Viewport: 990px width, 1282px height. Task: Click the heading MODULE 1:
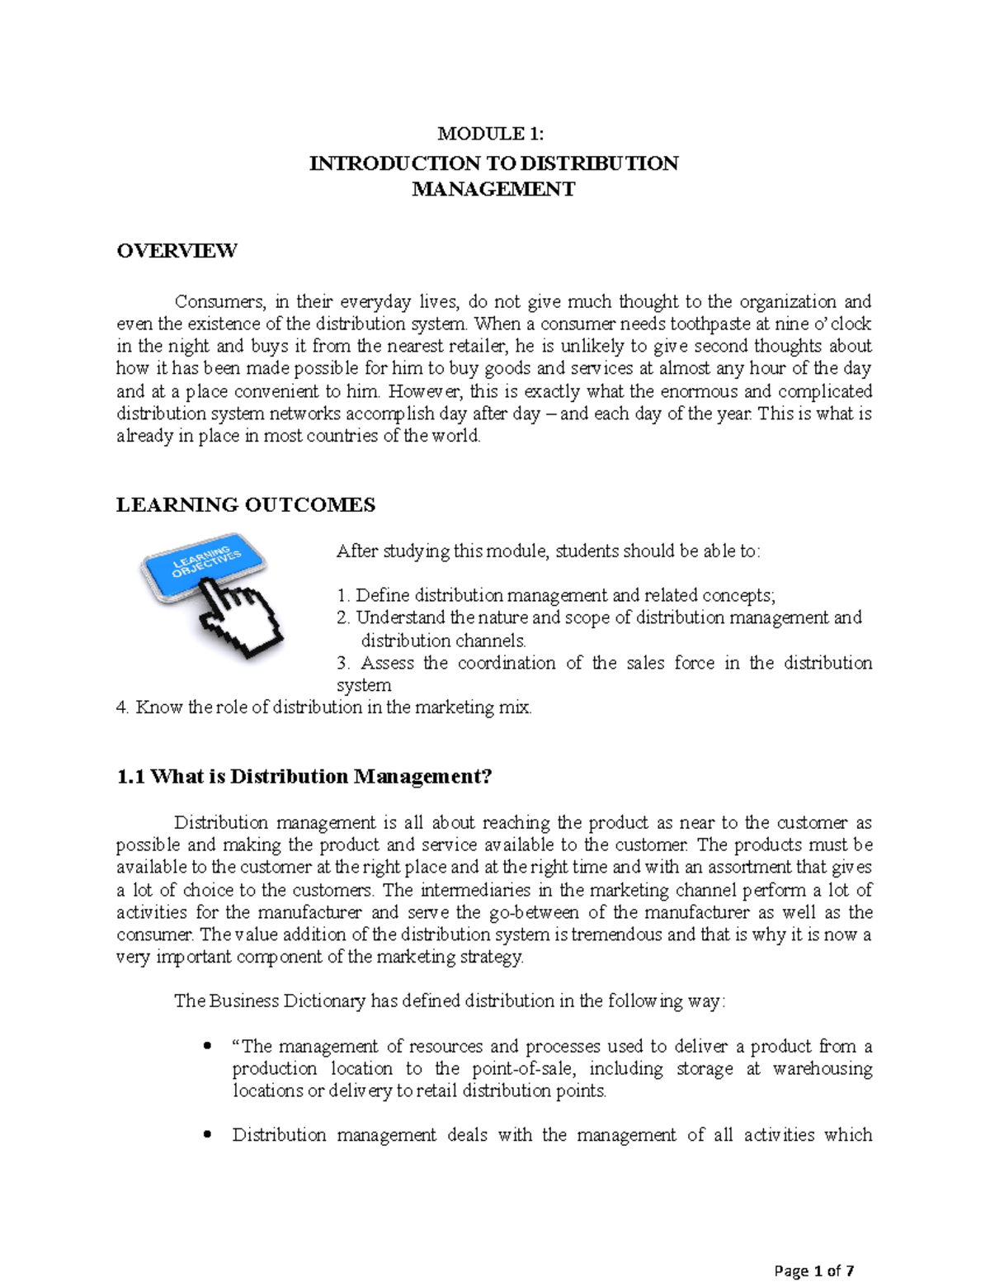(x=491, y=134)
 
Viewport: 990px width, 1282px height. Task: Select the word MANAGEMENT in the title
(x=493, y=189)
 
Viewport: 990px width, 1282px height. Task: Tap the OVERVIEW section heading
(x=177, y=251)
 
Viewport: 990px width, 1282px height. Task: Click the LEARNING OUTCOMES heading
(x=246, y=505)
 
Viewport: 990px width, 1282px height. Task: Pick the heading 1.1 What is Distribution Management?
(x=304, y=777)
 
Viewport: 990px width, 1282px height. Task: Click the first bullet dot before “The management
(x=207, y=1047)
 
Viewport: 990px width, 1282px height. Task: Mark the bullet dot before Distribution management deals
(x=207, y=1135)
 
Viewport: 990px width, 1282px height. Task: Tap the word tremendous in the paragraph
(x=617, y=934)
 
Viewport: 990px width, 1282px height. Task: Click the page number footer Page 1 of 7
(x=813, y=1270)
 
